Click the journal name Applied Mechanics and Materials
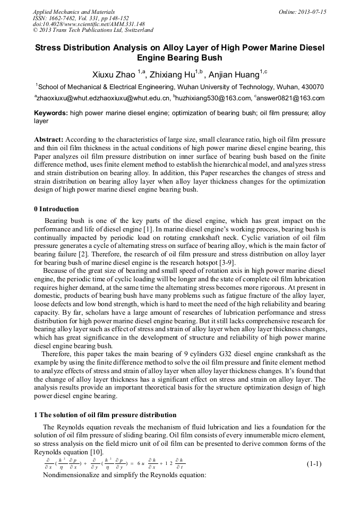[x=74, y=12]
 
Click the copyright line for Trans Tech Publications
[x=93, y=31]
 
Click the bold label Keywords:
[x=50, y=113]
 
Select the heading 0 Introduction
[x=56, y=209]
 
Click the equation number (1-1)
[x=314, y=463]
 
